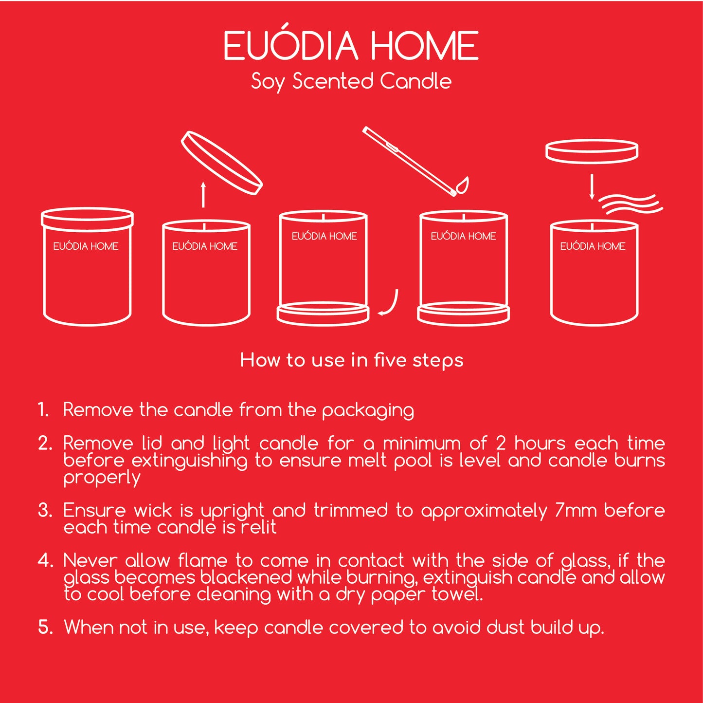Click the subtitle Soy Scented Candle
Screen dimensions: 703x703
coord(351,82)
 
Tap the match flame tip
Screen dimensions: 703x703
coord(468,178)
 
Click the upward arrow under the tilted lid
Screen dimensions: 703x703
coord(203,195)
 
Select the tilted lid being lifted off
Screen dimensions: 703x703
coord(222,163)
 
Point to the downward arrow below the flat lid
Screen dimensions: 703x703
coord(592,187)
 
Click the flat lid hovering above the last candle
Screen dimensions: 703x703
coord(592,151)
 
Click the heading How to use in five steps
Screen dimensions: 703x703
coord(352,361)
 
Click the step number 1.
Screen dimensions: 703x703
coord(43,410)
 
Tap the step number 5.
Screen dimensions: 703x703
coord(46,627)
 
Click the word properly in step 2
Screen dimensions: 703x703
coord(102,479)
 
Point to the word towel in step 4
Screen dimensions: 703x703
coord(457,594)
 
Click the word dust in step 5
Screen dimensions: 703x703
coord(505,628)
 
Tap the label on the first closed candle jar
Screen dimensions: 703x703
coord(86,246)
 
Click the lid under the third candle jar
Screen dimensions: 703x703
coord(323,313)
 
